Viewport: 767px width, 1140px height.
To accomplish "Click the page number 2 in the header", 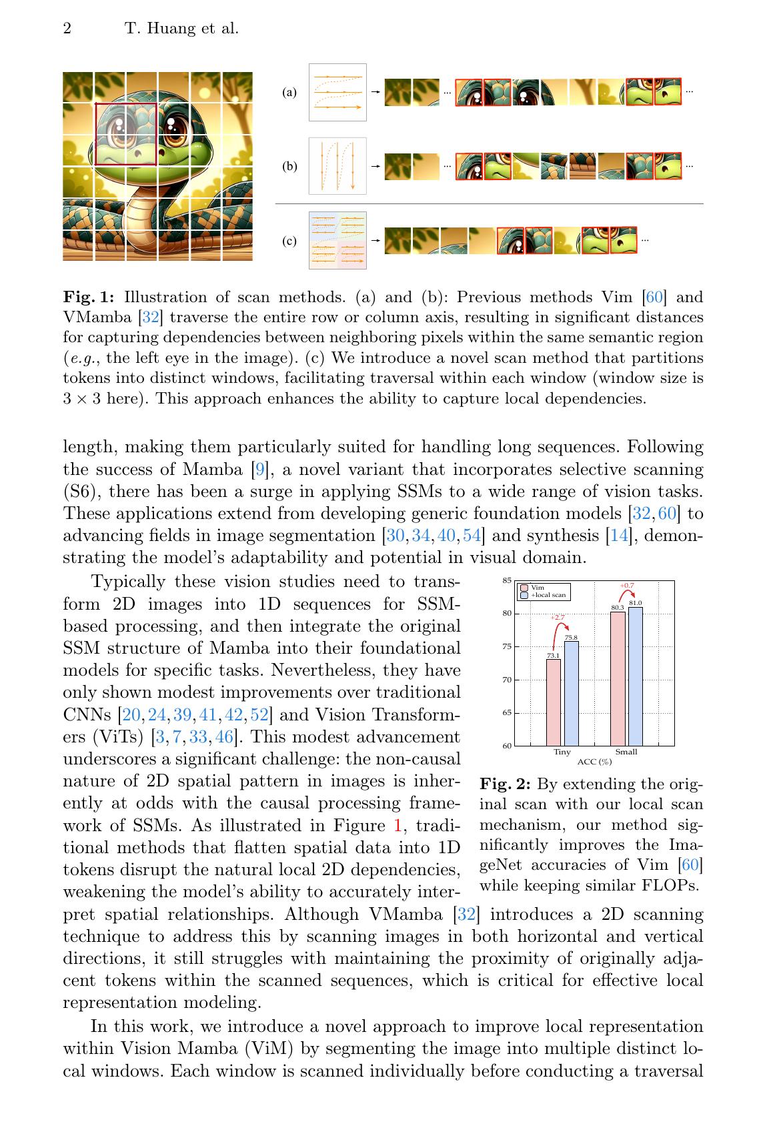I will [x=67, y=29].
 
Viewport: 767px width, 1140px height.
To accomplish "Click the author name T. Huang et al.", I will [x=181, y=29].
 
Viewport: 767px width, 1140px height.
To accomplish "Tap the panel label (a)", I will [x=289, y=93].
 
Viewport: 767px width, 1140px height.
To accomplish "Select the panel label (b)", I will [x=289, y=167].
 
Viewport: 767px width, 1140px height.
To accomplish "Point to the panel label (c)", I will [x=289, y=241].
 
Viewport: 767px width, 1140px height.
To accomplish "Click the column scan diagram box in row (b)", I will [x=337, y=166].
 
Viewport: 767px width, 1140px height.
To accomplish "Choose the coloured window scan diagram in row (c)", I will [x=337, y=240].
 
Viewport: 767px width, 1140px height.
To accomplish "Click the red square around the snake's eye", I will [x=125, y=134].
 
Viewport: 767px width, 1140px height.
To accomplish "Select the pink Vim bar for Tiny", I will [x=554, y=702].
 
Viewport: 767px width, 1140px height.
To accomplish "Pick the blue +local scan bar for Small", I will [x=636, y=676].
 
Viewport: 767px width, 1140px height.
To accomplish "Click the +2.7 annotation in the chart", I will [x=558, y=618].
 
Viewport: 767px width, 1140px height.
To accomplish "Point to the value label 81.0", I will [x=636, y=603].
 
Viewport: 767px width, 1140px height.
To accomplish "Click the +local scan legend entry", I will [x=548, y=595].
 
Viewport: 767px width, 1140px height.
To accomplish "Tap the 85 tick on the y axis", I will [x=507, y=581].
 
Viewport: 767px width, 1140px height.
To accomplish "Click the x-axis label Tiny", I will [x=562, y=752].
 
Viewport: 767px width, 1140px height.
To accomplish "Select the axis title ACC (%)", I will [x=594, y=761].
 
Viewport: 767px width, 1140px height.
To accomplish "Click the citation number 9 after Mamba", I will [x=261, y=470].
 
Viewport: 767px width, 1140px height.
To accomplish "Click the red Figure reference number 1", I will [x=398, y=826].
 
